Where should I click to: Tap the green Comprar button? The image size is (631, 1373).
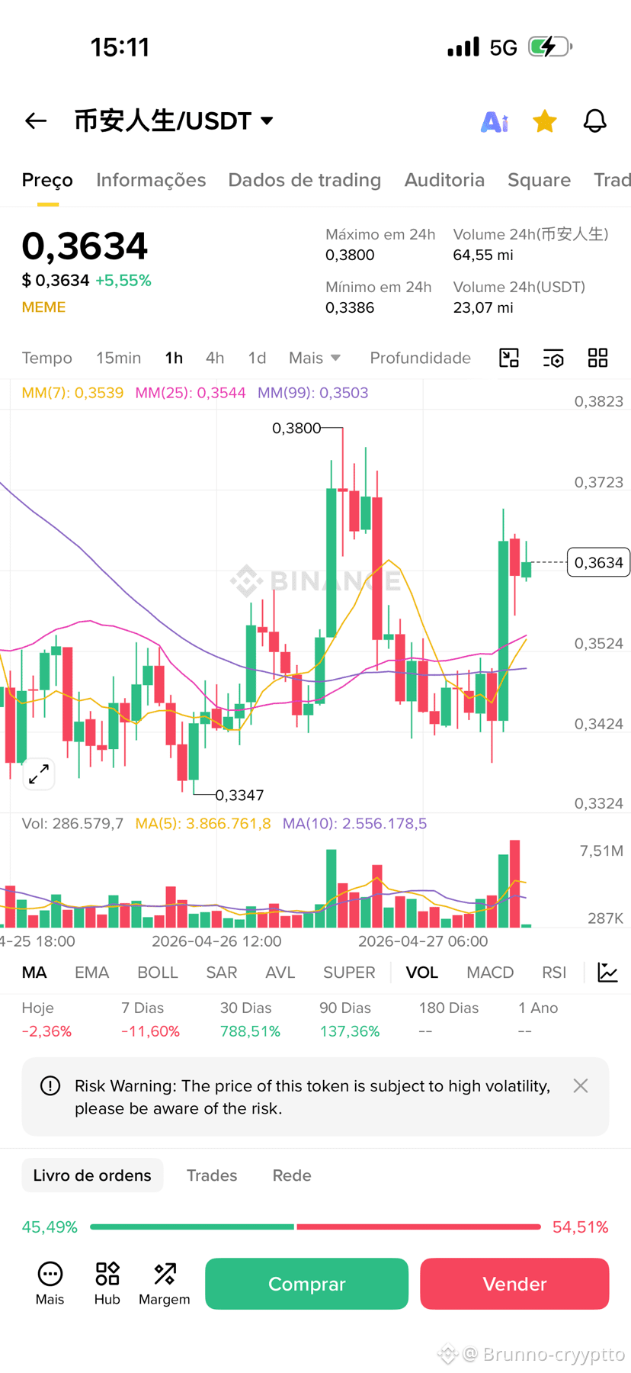(306, 1284)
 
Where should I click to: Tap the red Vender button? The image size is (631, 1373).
(514, 1284)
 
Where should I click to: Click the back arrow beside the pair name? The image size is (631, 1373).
(36, 121)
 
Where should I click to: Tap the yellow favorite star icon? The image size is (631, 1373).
(545, 121)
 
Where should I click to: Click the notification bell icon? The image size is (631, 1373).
(595, 121)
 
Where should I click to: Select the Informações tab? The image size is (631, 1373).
(151, 180)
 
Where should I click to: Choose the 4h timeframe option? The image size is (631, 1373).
(215, 358)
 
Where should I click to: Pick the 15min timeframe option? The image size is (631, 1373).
(118, 358)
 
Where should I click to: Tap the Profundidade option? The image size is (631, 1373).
(420, 358)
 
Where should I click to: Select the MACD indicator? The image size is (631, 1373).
(490, 973)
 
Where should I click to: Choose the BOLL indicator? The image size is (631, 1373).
(158, 973)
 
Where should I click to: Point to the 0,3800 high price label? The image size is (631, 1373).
(296, 428)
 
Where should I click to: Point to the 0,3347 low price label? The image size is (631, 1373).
(239, 795)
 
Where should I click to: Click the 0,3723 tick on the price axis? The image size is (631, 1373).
(599, 482)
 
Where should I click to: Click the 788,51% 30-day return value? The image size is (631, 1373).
(250, 1031)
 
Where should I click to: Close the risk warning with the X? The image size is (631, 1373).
(581, 1085)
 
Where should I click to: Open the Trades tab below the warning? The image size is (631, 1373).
(212, 1175)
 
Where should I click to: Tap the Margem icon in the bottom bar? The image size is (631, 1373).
(165, 1283)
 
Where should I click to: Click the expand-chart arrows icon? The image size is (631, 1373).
(39, 773)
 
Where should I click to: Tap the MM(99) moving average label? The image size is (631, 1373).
(312, 393)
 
